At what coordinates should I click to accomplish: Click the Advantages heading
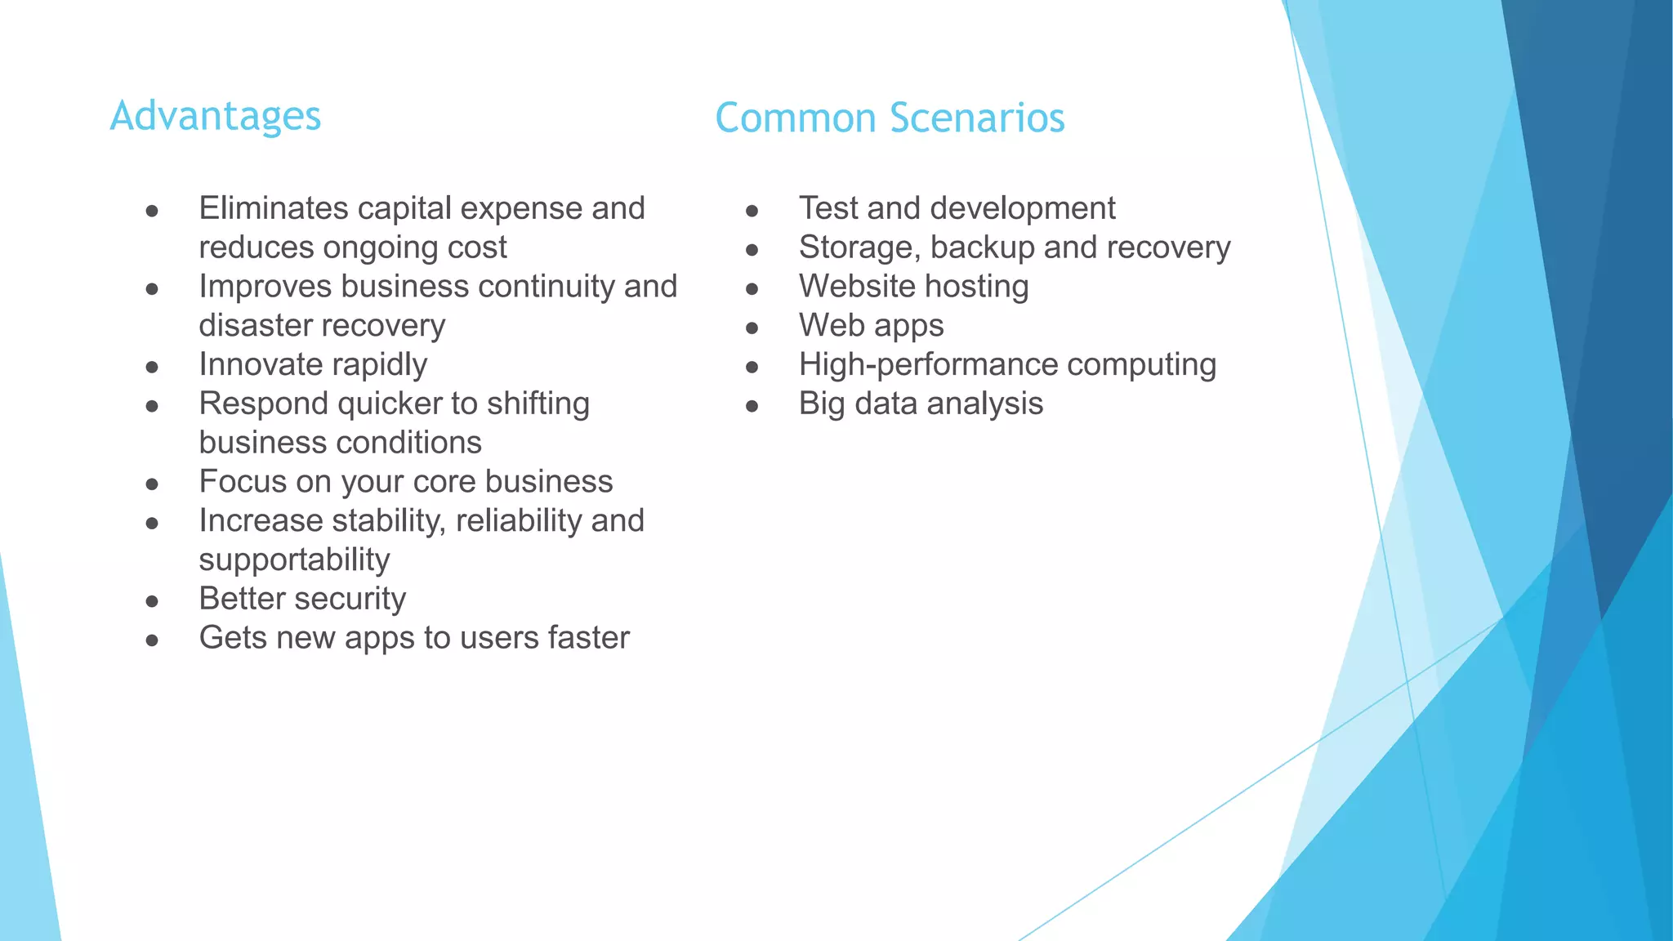pos(216,116)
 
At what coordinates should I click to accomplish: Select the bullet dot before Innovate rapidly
pos(152,368)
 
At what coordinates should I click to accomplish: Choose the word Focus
pos(242,482)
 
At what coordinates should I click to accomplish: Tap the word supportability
pos(294,560)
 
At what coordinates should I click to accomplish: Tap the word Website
pos(857,287)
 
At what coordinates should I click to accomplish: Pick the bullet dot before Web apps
pos(752,328)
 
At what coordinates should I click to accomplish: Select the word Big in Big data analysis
pos(821,404)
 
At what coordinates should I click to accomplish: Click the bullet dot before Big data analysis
pos(752,407)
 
